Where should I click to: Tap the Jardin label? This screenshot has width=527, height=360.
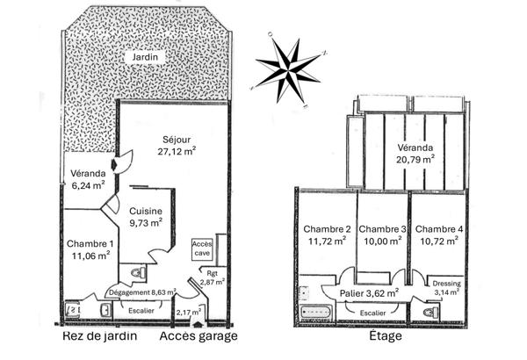pyautogui.click(x=145, y=57)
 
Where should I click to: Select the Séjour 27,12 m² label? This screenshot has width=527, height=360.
pyautogui.click(x=176, y=145)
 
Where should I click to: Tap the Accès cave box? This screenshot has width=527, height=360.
pyautogui.click(x=203, y=248)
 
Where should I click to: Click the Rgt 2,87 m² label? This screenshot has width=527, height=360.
pyautogui.click(x=213, y=277)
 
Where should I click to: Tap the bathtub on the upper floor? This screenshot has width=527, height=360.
pyautogui.click(x=314, y=312)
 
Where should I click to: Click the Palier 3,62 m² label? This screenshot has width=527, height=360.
pyautogui.click(x=369, y=292)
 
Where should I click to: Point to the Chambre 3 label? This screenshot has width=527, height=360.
pyautogui.click(x=382, y=235)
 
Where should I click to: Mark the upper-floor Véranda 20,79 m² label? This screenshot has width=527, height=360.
pyautogui.click(x=415, y=153)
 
